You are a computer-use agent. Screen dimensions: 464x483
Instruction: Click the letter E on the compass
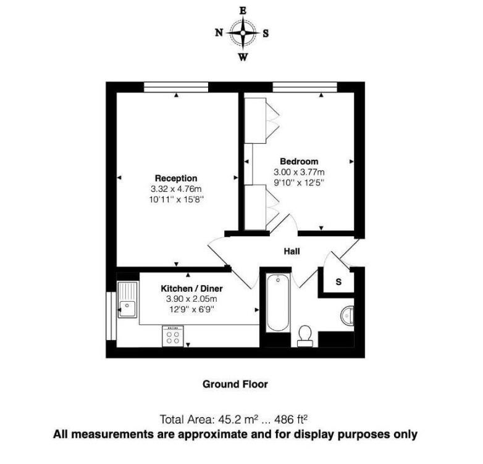point(243,10)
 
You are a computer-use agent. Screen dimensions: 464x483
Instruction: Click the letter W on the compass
point(243,57)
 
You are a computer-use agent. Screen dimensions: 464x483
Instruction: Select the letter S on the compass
point(266,34)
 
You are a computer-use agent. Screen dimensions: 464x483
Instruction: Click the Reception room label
point(176,178)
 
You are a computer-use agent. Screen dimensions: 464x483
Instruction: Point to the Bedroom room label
point(299,161)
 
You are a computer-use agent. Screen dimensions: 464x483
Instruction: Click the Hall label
point(292,251)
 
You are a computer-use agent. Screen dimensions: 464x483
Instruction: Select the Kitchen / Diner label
point(191,288)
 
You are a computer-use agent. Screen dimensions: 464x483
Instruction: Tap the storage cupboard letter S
point(338,282)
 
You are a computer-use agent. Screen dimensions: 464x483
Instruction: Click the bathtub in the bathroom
point(276,304)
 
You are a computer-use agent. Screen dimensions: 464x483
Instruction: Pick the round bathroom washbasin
point(346,315)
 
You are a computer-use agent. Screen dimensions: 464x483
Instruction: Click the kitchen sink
point(128,299)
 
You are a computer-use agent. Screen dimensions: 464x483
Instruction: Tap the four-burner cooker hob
point(172,336)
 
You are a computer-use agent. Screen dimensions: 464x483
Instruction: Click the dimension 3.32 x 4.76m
point(176,189)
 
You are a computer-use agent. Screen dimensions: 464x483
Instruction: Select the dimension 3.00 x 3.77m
point(299,172)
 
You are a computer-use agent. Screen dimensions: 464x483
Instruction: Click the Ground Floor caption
point(235,384)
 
